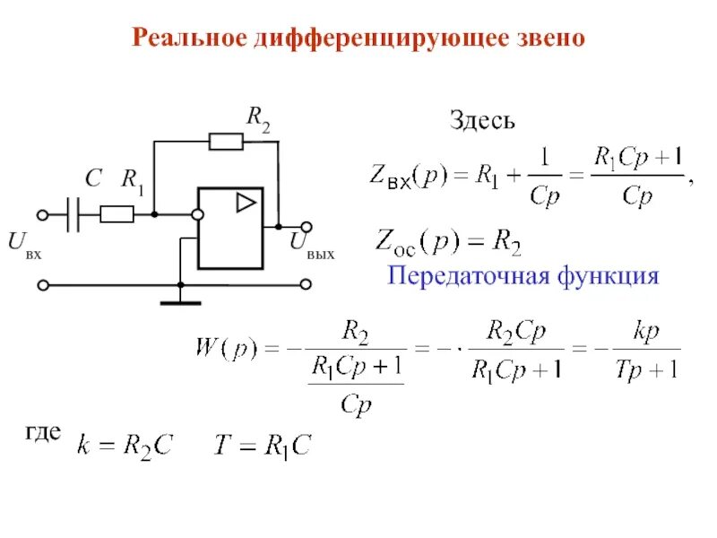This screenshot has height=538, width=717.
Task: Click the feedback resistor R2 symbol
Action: [x=225, y=141]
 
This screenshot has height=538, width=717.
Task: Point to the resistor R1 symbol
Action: [x=117, y=214]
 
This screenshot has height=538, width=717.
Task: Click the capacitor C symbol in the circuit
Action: [x=74, y=214]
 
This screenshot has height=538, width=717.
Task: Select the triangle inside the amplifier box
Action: [x=245, y=203]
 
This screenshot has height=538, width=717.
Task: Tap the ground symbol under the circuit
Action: [x=180, y=300]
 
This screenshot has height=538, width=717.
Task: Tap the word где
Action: [x=43, y=433]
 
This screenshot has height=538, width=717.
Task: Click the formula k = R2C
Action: [x=125, y=445]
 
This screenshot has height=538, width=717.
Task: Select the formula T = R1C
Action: [x=261, y=445]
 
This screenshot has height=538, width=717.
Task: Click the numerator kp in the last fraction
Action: [x=646, y=331]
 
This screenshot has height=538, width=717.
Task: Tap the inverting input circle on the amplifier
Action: [x=197, y=214]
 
